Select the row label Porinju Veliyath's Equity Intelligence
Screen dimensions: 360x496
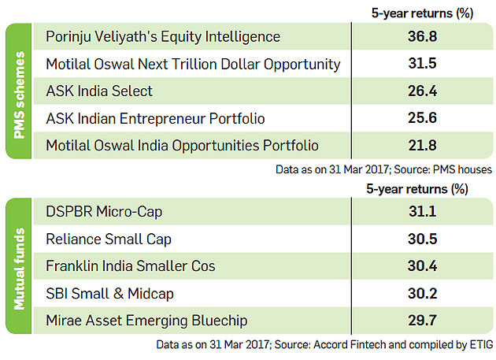click(163, 37)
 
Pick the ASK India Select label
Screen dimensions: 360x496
click(99, 91)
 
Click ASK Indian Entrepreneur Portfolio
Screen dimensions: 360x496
click(155, 118)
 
